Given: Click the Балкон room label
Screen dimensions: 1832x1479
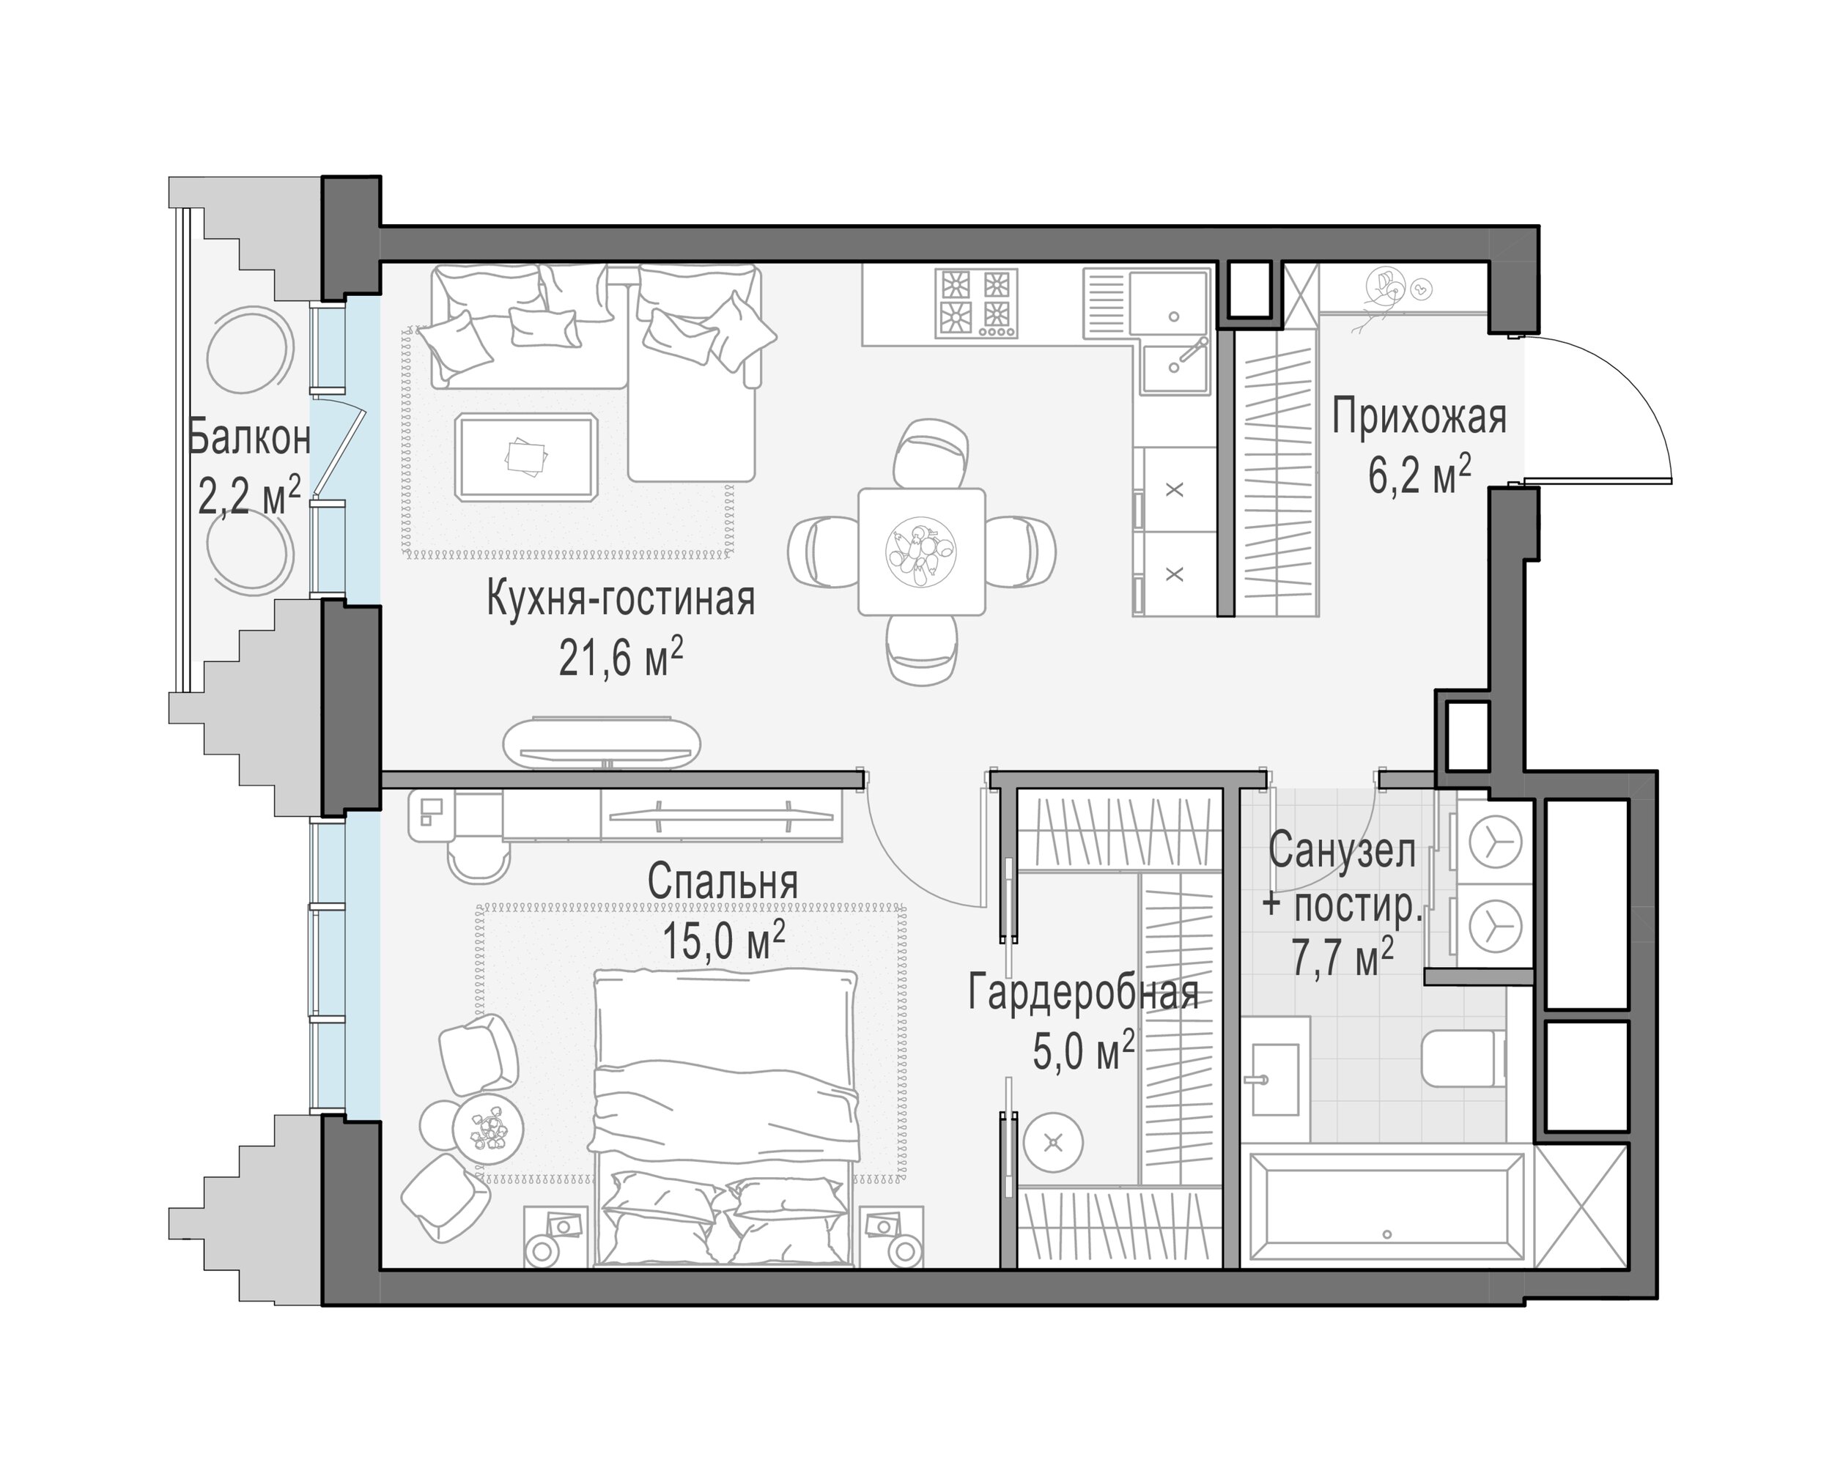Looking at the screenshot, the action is [x=249, y=439].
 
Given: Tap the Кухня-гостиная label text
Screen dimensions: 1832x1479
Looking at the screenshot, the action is [x=621, y=599].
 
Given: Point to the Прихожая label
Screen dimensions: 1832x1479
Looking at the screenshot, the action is [x=1419, y=418].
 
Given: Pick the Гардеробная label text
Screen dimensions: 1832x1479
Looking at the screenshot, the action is [x=1084, y=993].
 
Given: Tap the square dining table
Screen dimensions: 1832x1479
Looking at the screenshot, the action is [x=921, y=551].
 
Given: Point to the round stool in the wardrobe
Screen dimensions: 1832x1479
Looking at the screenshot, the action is [x=1053, y=1143].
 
